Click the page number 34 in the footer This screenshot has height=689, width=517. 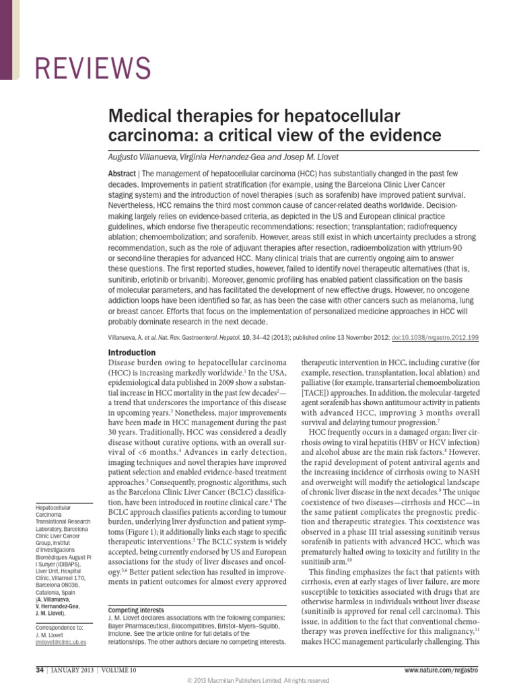[40, 670]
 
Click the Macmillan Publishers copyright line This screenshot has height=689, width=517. [258, 680]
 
